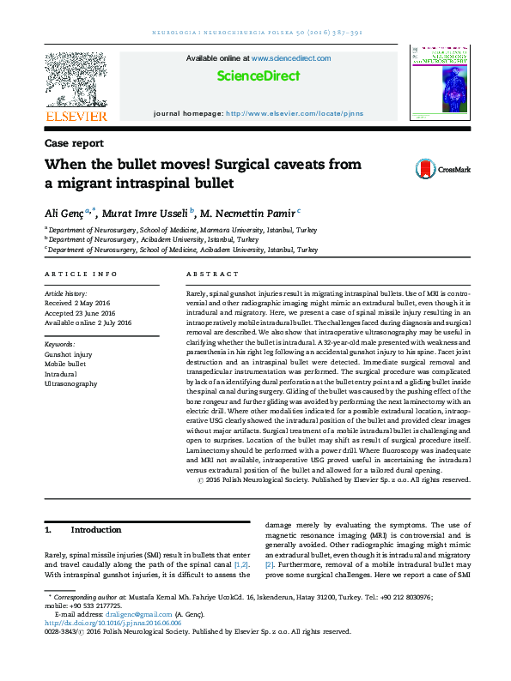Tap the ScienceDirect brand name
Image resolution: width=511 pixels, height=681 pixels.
click(x=258, y=76)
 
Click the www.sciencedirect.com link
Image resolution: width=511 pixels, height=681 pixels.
click(x=291, y=58)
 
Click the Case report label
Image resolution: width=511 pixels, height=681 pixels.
click(x=75, y=144)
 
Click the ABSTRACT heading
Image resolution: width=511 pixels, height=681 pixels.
click(x=212, y=274)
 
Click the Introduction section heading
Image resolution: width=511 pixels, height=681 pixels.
click(x=95, y=530)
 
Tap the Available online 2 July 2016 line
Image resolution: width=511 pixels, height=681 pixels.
click(x=88, y=322)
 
